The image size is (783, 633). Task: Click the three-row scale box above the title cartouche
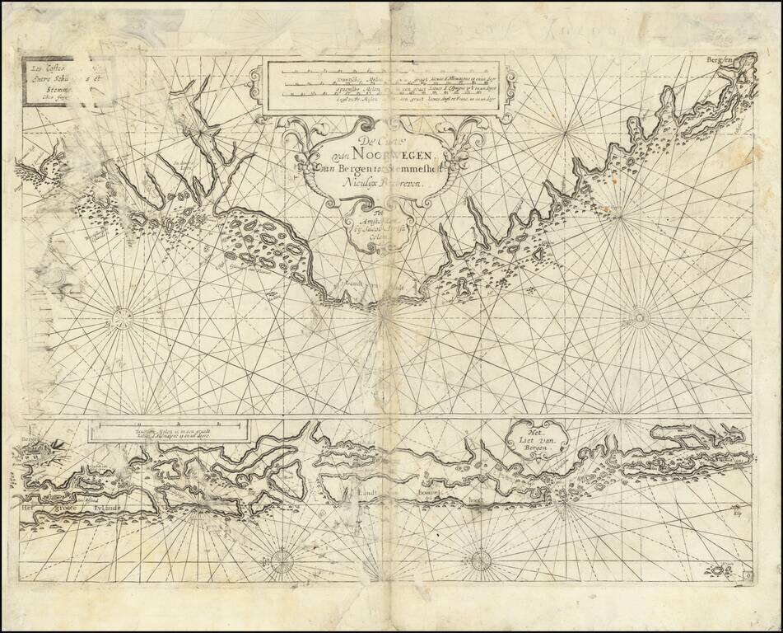coord(380,86)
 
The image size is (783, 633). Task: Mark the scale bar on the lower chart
coord(168,425)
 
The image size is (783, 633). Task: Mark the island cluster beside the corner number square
coord(723,570)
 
